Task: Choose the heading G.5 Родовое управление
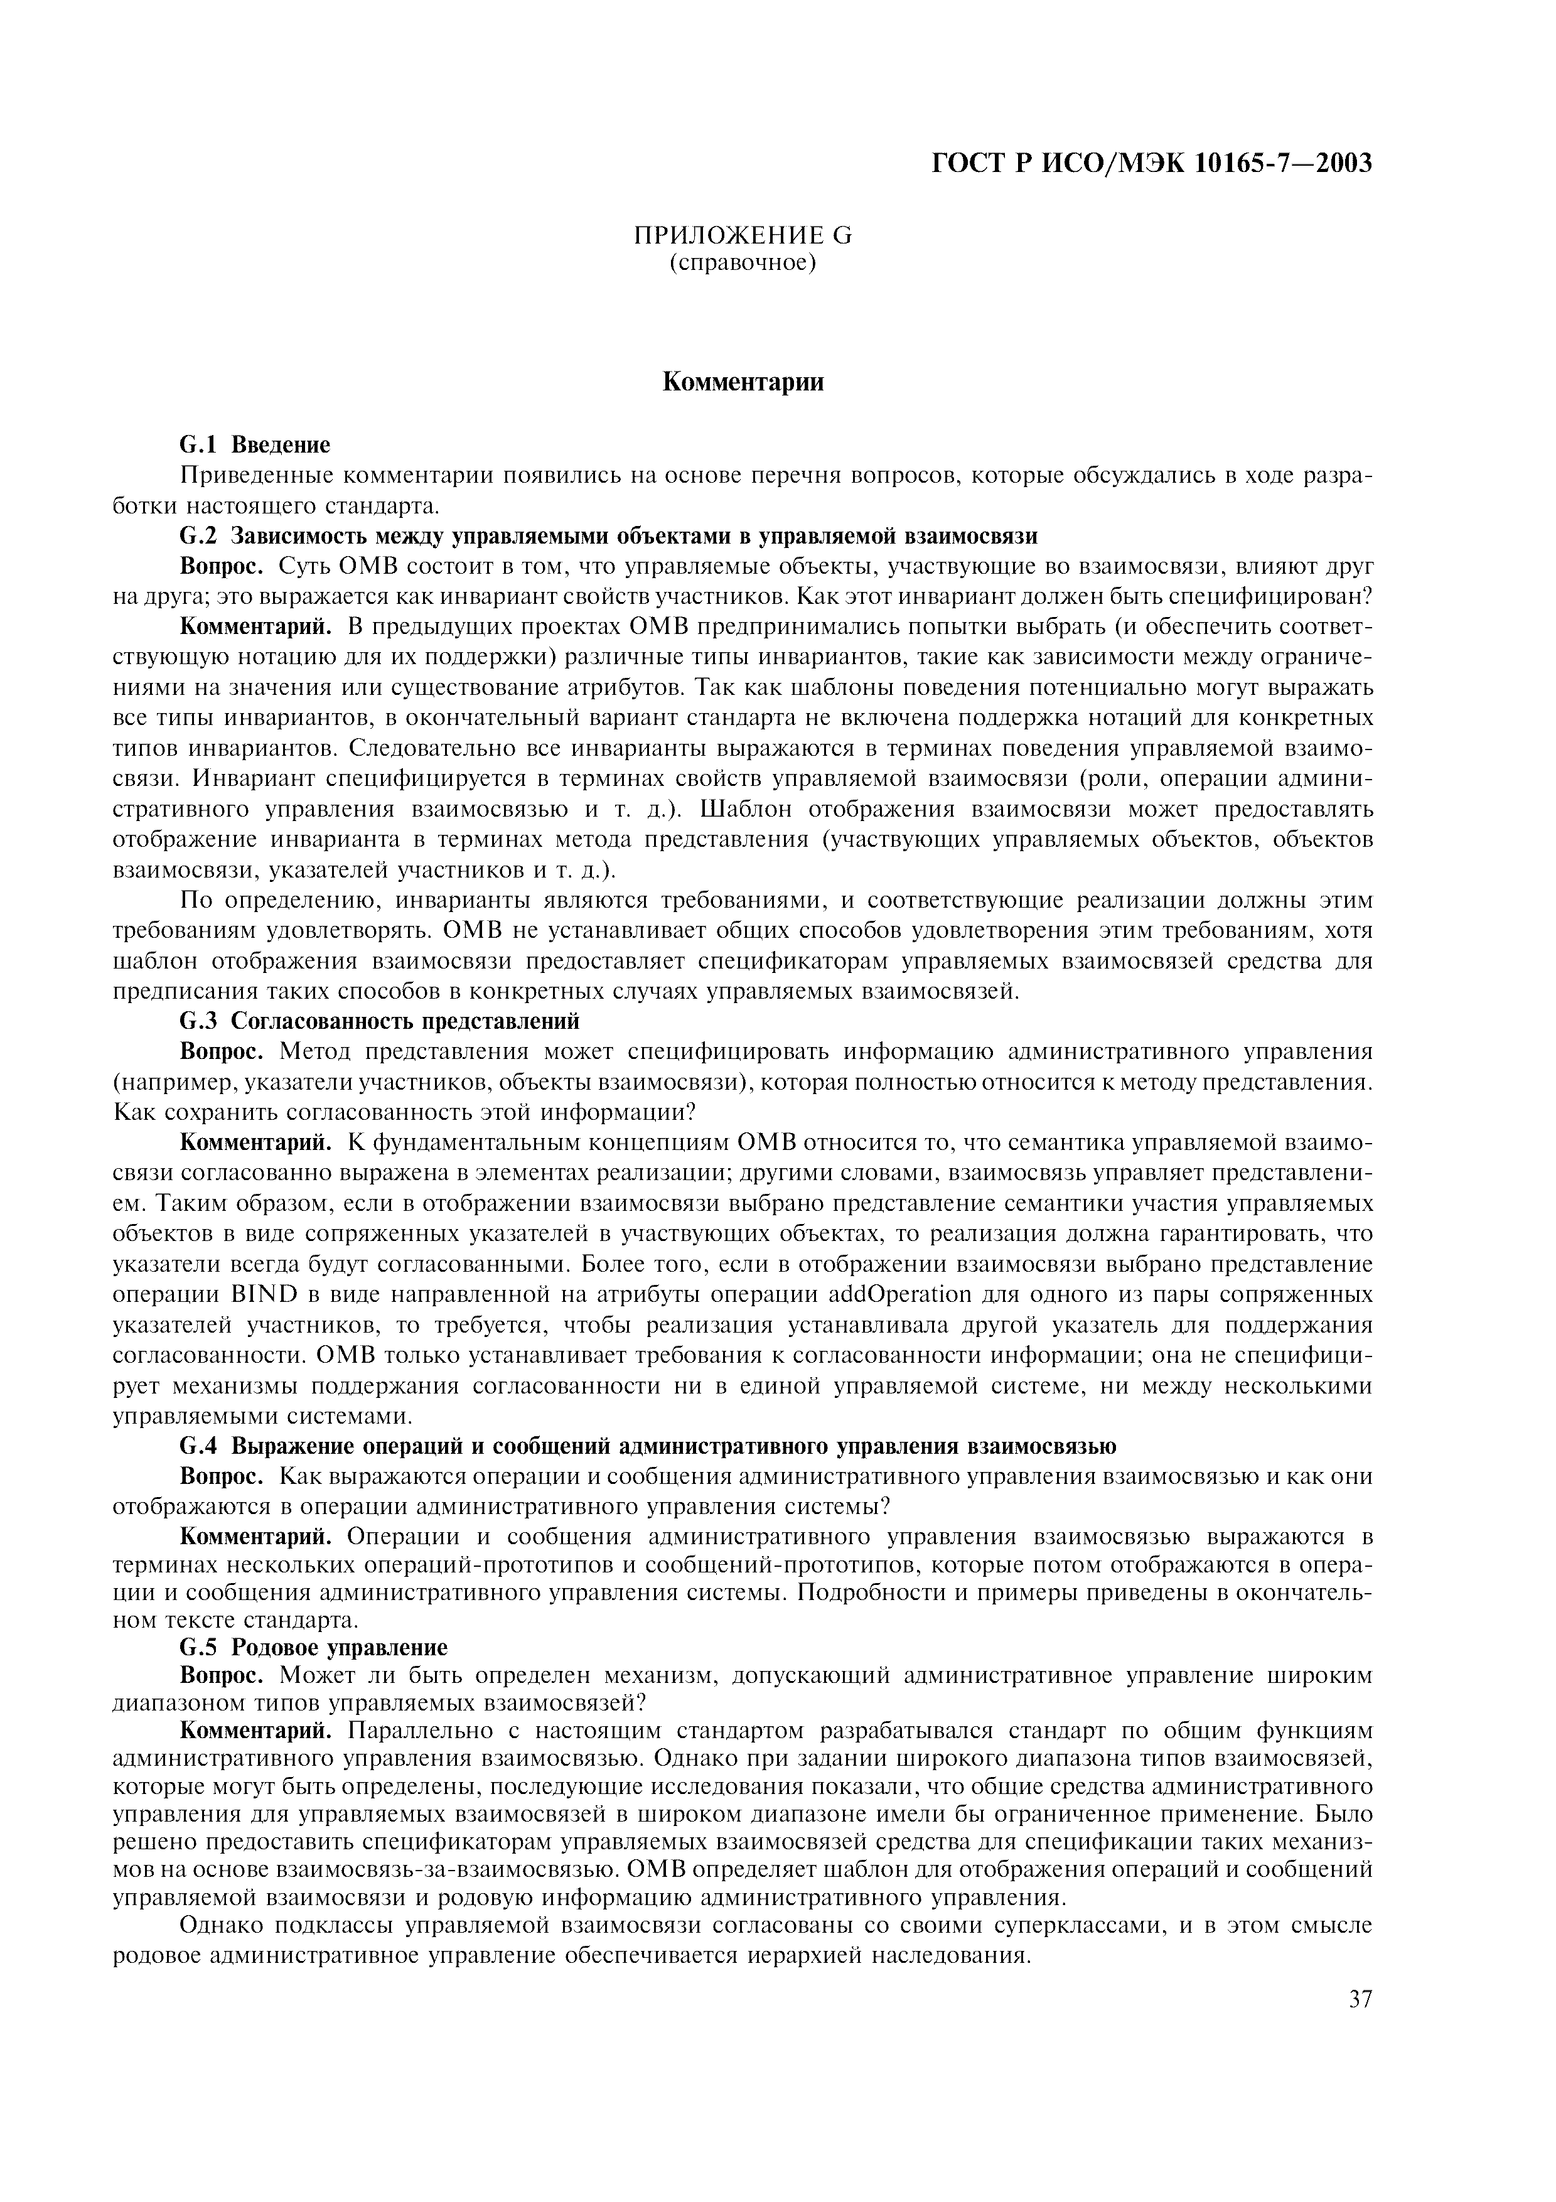pyautogui.click(x=313, y=1648)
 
